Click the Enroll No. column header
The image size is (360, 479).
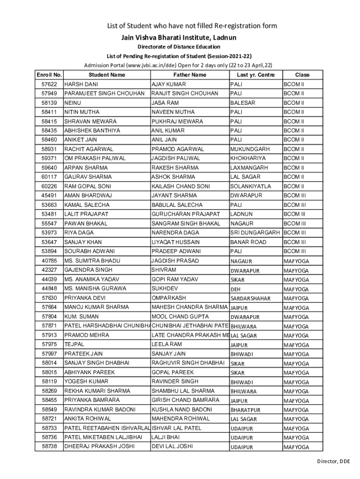[x=49, y=75]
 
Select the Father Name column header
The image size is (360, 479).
[x=189, y=75]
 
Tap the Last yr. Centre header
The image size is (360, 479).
[x=256, y=75]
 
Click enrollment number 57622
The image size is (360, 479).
[x=49, y=84]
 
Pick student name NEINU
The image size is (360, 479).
[x=72, y=103]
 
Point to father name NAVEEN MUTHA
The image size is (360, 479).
[x=172, y=112]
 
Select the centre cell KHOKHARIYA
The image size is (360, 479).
[x=248, y=159]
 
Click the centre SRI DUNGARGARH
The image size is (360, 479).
[x=255, y=233]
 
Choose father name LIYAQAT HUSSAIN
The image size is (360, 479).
[x=175, y=242]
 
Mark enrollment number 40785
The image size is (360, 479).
[x=49, y=261]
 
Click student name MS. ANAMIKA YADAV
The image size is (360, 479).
[x=92, y=279]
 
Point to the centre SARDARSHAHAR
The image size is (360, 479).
[x=250, y=298]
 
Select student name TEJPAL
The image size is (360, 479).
[x=74, y=344]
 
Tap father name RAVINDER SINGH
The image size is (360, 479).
[x=175, y=382]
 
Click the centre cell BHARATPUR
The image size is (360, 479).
[x=245, y=410]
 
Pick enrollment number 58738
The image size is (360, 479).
[x=49, y=447]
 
